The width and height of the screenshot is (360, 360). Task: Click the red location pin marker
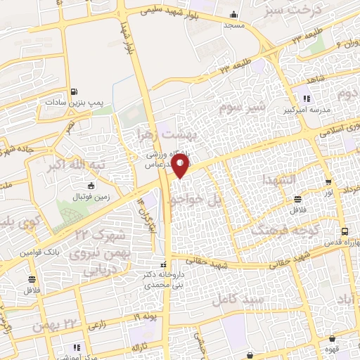pos(181,165)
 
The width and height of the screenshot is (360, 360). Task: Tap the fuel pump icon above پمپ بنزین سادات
pos(75,91)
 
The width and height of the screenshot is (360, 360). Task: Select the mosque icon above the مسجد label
pos(233,15)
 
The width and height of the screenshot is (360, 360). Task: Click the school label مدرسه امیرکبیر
pos(303,110)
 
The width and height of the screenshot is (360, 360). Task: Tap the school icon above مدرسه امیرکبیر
pos(306,98)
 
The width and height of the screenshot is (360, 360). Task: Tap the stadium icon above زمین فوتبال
pos(91,186)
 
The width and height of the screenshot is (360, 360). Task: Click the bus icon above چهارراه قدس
pos(344,231)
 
